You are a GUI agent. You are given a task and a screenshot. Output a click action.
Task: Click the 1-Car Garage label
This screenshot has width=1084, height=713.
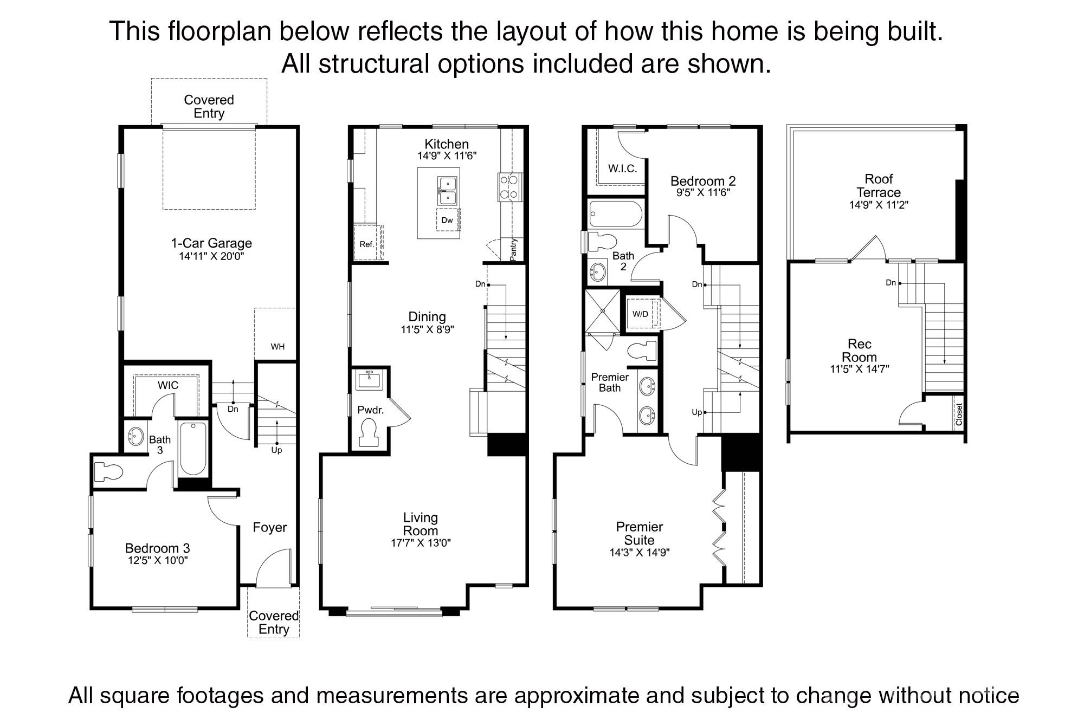[211, 243]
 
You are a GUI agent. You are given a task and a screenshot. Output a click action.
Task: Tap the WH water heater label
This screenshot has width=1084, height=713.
[278, 347]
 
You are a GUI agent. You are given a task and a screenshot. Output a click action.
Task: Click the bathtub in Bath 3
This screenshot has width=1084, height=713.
[192, 449]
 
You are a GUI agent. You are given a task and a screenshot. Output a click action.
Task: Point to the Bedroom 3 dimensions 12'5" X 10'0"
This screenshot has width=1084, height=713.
[157, 561]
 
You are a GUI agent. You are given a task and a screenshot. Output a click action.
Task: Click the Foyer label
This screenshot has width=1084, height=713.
[270, 527]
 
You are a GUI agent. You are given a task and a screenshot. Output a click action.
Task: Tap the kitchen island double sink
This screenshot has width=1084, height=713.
[447, 191]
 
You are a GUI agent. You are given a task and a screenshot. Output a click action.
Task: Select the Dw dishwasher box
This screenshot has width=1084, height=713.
[448, 221]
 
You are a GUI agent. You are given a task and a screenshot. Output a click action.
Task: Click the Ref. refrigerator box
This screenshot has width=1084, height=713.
[367, 244]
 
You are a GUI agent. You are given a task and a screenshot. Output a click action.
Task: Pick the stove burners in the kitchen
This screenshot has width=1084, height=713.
[509, 187]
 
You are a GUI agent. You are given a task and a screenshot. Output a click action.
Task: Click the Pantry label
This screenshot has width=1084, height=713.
[513, 250]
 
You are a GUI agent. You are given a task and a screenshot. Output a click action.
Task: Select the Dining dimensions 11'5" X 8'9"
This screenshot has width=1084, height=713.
[427, 329]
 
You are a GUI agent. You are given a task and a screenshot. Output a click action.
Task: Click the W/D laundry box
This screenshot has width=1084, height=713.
[640, 314]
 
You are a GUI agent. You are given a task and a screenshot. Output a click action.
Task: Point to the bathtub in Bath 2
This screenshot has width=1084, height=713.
[616, 214]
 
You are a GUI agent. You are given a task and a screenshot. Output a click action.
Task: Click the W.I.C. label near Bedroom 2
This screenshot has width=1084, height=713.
[622, 168]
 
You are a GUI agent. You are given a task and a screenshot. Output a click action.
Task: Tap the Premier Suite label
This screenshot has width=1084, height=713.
[640, 533]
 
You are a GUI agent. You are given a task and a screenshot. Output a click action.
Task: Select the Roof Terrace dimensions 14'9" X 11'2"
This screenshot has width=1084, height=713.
[879, 205]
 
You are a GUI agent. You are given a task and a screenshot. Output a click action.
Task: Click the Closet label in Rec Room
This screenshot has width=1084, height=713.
[959, 414]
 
